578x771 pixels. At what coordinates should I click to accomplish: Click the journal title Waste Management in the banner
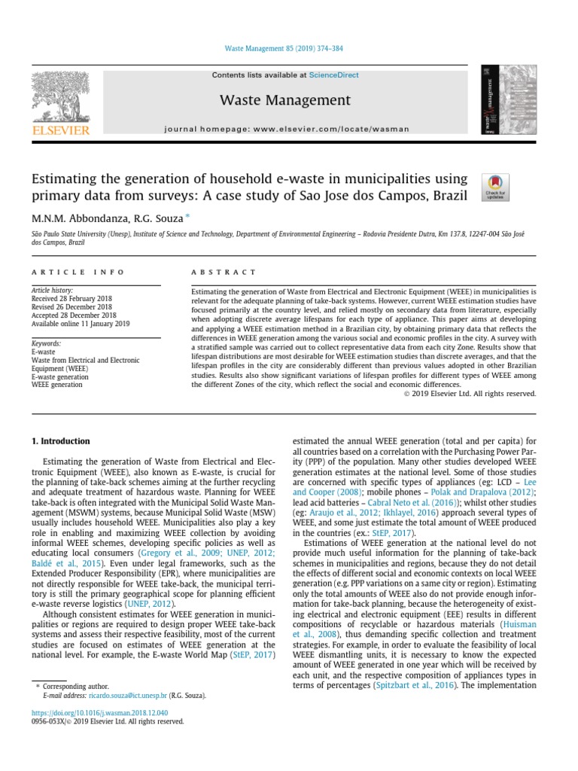(x=285, y=100)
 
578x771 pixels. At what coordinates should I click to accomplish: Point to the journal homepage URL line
(x=286, y=129)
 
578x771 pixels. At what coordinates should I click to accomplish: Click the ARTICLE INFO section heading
(x=68, y=272)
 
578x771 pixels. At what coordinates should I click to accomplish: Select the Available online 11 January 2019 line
(x=81, y=323)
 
